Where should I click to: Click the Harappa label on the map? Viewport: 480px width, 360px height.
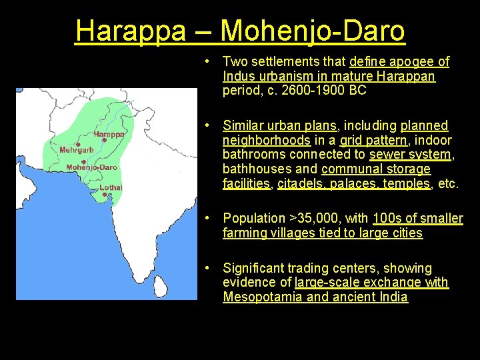click(x=109, y=133)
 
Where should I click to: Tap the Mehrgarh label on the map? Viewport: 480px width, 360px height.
click(x=77, y=150)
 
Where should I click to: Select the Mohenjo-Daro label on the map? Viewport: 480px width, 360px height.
click(x=92, y=167)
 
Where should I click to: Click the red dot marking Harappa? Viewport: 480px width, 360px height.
click(x=105, y=140)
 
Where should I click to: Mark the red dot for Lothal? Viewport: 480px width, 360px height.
click(x=105, y=194)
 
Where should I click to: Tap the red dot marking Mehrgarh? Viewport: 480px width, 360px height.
click(x=78, y=144)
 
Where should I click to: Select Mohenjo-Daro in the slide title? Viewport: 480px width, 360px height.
click(x=312, y=31)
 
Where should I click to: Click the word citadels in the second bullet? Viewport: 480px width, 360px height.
click(x=301, y=184)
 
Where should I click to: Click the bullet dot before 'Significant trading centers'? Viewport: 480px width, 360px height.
click(x=209, y=267)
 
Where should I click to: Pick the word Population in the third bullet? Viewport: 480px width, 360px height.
click(x=253, y=218)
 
